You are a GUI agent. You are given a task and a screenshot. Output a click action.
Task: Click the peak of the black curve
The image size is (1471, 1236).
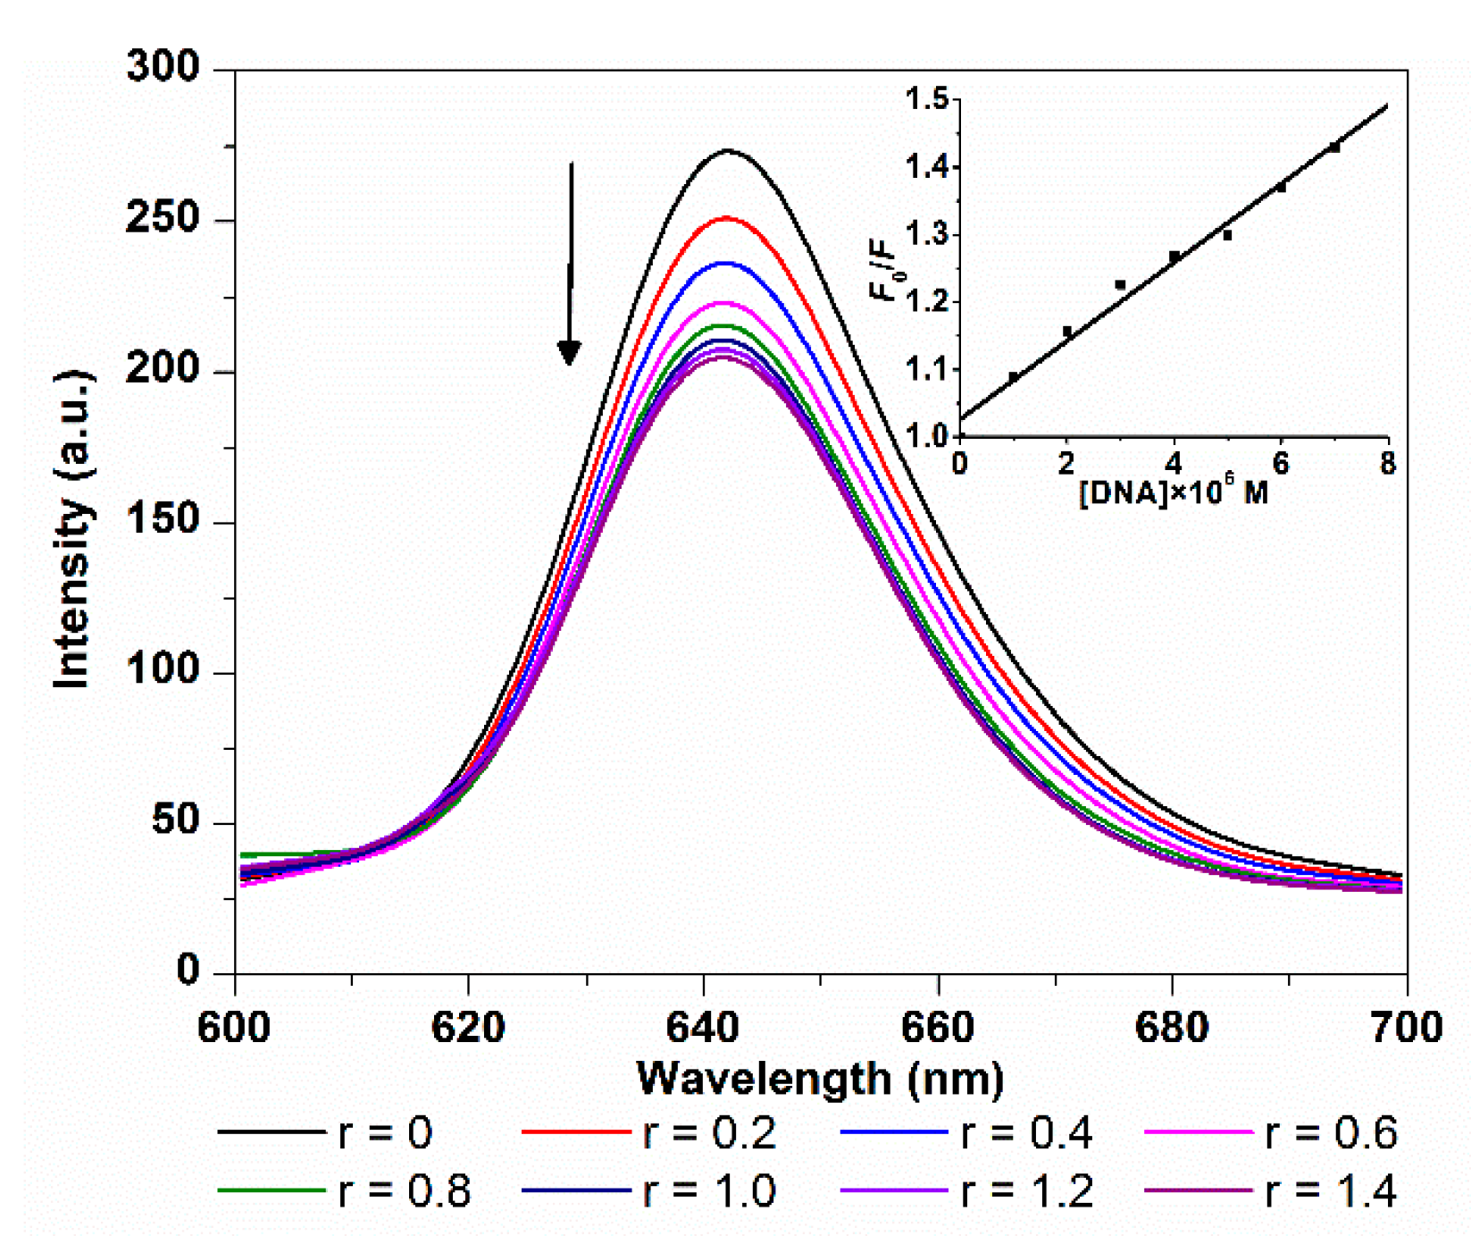(x=728, y=150)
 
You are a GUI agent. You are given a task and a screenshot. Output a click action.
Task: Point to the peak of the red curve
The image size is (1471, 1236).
(x=726, y=218)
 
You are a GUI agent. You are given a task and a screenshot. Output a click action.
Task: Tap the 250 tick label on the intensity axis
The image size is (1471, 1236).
(x=162, y=219)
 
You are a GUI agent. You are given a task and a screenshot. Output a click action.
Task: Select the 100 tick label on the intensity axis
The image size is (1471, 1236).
(x=162, y=670)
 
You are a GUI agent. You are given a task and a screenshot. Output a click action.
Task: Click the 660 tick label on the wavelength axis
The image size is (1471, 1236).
(x=937, y=1028)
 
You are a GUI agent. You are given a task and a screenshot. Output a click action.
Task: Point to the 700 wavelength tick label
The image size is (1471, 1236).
(x=1405, y=1028)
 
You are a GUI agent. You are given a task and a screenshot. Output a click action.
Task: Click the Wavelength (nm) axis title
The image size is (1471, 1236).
(x=820, y=1078)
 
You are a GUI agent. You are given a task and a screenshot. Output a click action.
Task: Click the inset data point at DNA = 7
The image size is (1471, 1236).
(x=1334, y=147)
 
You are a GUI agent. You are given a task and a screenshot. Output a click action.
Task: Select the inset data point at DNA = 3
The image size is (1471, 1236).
(x=1120, y=285)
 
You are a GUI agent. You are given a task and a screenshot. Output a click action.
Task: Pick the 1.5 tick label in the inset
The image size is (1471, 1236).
(x=926, y=99)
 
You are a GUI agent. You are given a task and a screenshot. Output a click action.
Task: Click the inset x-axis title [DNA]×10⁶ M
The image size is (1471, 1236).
(x=1173, y=492)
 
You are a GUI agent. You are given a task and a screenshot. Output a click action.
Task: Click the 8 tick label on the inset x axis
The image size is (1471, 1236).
(x=1387, y=464)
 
